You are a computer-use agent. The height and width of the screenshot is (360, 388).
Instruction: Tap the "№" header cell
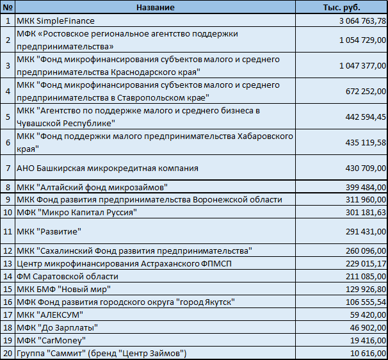point(8,7)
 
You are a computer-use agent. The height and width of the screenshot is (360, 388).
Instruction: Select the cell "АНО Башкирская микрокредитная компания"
point(108,168)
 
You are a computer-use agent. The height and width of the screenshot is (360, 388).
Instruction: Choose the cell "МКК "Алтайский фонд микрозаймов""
point(92,186)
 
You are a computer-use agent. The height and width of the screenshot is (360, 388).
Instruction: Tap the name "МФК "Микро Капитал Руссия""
point(76,212)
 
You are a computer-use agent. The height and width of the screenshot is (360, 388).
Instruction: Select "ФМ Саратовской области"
point(68,276)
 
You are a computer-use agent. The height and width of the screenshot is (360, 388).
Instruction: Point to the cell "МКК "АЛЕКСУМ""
point(49,315)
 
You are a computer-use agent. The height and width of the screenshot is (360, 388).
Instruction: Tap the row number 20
point(8,353)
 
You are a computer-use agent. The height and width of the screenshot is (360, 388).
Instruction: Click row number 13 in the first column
point(8,263)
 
